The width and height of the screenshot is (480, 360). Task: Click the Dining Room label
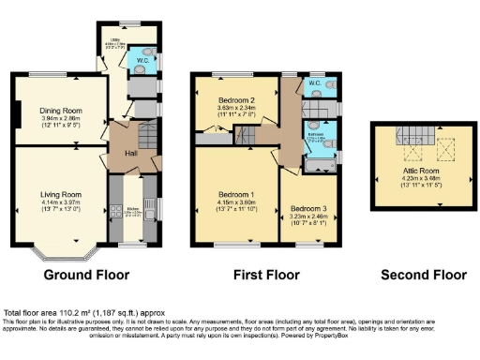[x=57, y=111]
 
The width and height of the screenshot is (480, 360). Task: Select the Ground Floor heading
[x=85, y=275]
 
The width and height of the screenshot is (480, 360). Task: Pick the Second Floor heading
[x=423, y=275]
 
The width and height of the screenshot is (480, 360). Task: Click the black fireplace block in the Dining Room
[x=15, y=115]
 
